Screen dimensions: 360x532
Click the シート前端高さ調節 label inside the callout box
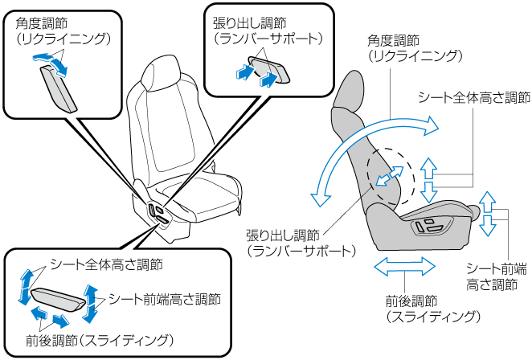click(164, 297)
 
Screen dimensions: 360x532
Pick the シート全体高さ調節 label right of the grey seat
click(474, 98)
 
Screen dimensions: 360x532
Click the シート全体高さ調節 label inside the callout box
click(106, 264)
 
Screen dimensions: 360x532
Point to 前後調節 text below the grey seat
click(410, 301)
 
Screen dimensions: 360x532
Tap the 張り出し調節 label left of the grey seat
click(282, 235)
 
